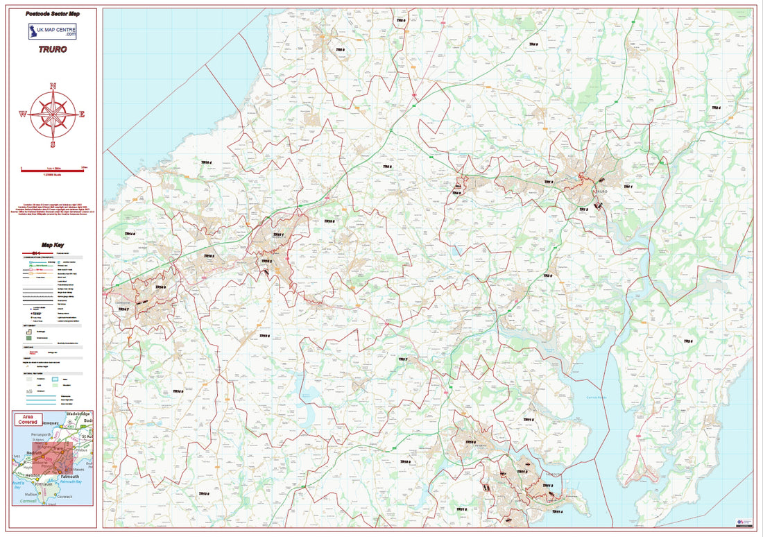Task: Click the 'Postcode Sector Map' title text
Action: coord(53,14)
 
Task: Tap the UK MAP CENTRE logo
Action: coord(53,31)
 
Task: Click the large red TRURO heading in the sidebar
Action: coord(53,51)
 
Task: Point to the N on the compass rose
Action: coord(53,86)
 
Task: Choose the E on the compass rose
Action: coord(82,114)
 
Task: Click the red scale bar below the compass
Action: coord(53,169)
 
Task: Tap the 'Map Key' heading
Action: coord(53,245)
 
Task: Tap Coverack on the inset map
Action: coord(65,497)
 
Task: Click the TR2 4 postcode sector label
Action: coord(715,108)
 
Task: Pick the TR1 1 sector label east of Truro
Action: coord(628,187)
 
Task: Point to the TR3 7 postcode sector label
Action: coord(402,359)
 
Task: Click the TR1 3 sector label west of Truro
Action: coord(548,182)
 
